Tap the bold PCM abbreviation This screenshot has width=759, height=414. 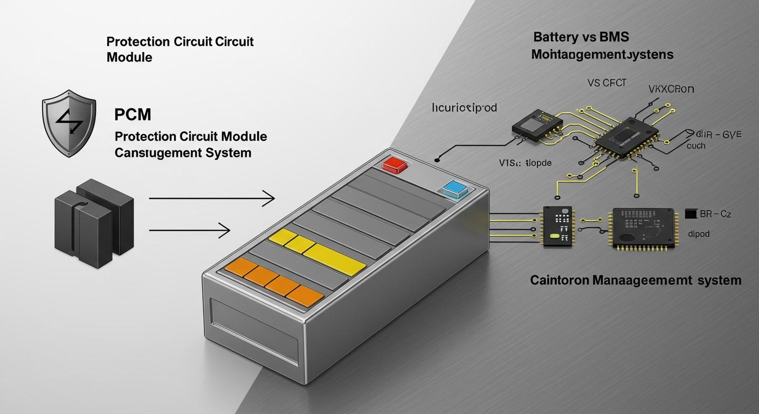pos(133,114)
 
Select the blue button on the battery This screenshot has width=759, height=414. pos(451,188)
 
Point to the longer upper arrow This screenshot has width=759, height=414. pos(211,199)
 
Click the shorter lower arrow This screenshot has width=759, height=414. pos(189,231)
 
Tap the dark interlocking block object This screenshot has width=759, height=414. pos(94,223)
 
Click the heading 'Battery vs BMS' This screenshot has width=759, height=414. pos(581,37)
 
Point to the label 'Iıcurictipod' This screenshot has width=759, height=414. pos(464,108)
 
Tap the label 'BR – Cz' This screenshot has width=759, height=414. pos(715,214)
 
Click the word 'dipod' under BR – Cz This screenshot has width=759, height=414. pos(699,234)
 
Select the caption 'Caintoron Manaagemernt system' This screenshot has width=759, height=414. pos(636,280)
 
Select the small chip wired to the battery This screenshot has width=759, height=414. pos(558,226)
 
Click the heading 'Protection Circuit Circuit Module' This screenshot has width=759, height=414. pos(180,49)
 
